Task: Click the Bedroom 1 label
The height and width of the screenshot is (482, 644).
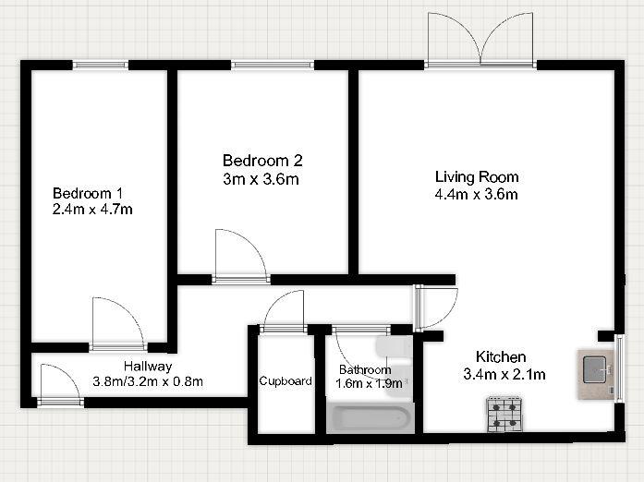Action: pos(88,193)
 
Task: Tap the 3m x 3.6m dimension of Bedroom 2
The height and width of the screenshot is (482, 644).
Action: pos(261,179)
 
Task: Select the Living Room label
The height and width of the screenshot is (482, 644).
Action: pos(477,177)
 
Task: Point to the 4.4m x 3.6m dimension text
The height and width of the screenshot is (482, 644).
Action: pos(477,194)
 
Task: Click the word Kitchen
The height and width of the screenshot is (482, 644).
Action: pos(501,356)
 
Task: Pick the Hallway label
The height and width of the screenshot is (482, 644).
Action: pos(148,367)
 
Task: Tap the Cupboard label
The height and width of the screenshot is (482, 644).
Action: pos(286,381)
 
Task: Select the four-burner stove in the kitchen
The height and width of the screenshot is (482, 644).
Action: pos(504,414)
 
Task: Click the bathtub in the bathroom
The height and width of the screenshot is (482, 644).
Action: pos(371,418)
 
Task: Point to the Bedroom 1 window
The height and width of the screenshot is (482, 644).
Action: pos(101,65)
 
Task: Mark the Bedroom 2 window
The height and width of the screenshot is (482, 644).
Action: pos(273,65)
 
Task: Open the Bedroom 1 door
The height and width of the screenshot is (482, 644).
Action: pos(118,324)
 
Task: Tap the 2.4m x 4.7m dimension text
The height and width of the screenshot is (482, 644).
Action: pos(92,210)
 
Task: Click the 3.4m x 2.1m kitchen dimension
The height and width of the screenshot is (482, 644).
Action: pos(504,374)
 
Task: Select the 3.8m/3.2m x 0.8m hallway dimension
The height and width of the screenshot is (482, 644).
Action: pos(148,382)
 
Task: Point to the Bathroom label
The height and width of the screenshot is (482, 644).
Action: pos(365,369)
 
